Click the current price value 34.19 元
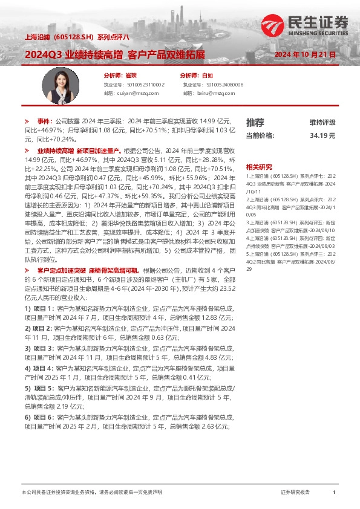tap(322, 136)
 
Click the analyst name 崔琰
tap(131, 76)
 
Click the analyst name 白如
tap(207, 76)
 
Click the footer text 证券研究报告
tap(295, 493)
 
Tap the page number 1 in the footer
tap(334, 493)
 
